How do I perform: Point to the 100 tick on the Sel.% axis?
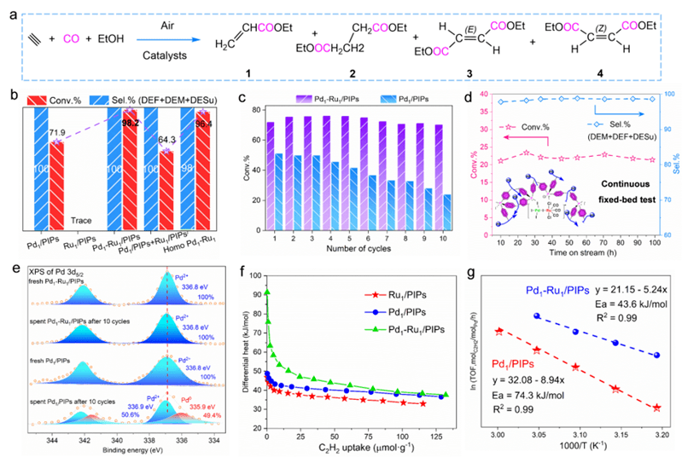pos(662,93)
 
